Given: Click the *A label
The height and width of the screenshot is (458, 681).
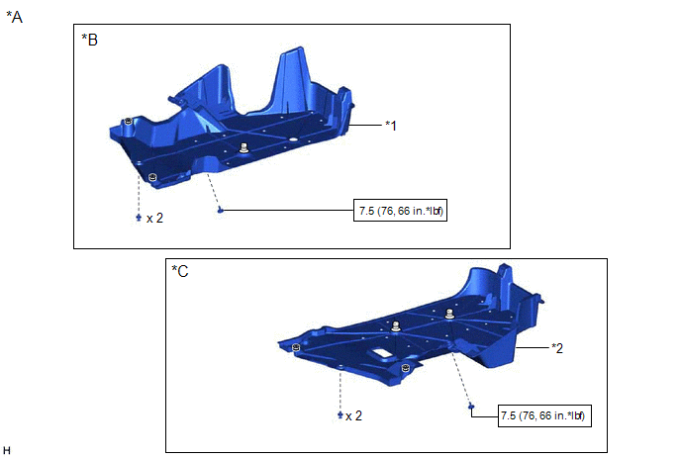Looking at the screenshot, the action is tap(14, 17).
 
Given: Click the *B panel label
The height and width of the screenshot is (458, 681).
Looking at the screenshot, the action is tap(90, 40).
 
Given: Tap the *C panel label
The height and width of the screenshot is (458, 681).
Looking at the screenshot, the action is tap(180, 271).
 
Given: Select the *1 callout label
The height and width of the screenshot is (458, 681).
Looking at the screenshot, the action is tap(391, 126).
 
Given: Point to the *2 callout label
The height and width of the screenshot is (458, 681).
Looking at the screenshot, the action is tap(557, 348).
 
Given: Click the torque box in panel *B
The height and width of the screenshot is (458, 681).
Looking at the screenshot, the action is tap(401, 211).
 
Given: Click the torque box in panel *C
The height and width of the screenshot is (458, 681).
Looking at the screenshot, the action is tap(544, 415).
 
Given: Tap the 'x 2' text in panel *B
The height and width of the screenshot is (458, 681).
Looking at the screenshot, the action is tap(155, 218).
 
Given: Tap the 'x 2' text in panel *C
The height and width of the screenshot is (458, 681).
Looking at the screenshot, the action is tap(353, 415).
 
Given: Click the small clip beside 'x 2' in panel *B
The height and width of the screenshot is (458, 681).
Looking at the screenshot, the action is tap(139, 217).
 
